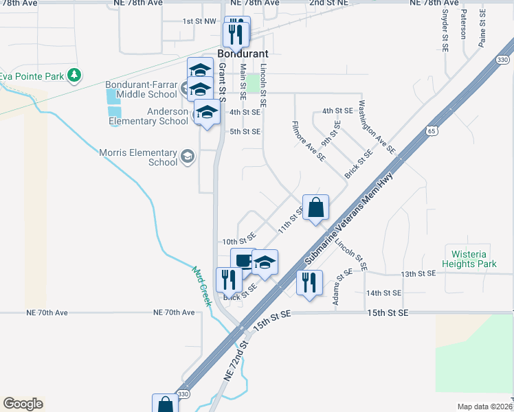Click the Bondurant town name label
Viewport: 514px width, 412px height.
(243, 53)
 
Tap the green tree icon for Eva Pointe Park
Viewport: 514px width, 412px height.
(80, 75)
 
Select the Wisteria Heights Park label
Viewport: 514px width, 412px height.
(470, 259)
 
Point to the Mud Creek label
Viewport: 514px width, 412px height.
(201, 286)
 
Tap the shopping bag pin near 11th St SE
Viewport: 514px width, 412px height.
(315, 207)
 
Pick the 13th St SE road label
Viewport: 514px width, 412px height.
(419, 273)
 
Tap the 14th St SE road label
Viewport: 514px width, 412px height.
(383, 293)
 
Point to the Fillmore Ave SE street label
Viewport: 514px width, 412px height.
(309, 141)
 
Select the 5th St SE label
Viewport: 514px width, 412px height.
(245, 131)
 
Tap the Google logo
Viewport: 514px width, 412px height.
(23, 404)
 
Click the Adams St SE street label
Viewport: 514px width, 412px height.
(339, 288)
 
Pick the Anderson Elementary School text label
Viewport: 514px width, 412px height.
(148, 116)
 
